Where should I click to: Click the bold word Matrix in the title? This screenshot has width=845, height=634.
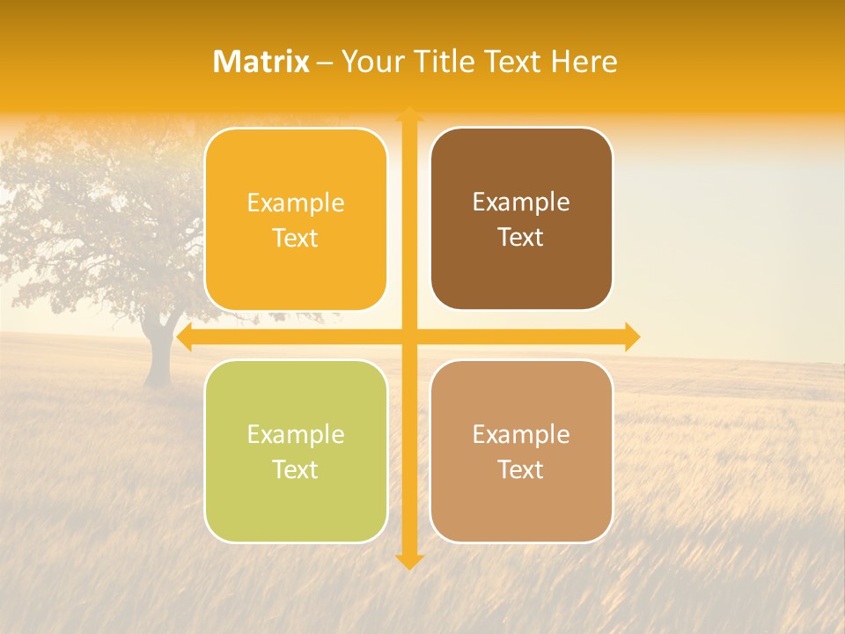click(x=261, y=62)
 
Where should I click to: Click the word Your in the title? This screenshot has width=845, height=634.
click(x=372, y=62)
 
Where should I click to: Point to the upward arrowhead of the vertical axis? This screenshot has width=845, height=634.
click(x=409, y=114)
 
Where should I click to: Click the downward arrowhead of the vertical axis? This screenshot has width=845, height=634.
click(x=409, y=561)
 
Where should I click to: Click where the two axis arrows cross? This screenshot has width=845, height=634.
click(x=409, y=337)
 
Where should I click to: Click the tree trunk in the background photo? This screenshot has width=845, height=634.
click(x=158, y=357)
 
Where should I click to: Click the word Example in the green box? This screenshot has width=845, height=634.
click(x=296, y=434)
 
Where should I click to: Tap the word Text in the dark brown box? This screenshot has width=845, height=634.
click(x=521, y=238)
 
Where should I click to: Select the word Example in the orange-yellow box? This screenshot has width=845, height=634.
click(x=296, y=203)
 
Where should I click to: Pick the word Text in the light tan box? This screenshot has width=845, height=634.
click(x=521, y=469)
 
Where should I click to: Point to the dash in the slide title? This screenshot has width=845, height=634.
click(x=325, y=63)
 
